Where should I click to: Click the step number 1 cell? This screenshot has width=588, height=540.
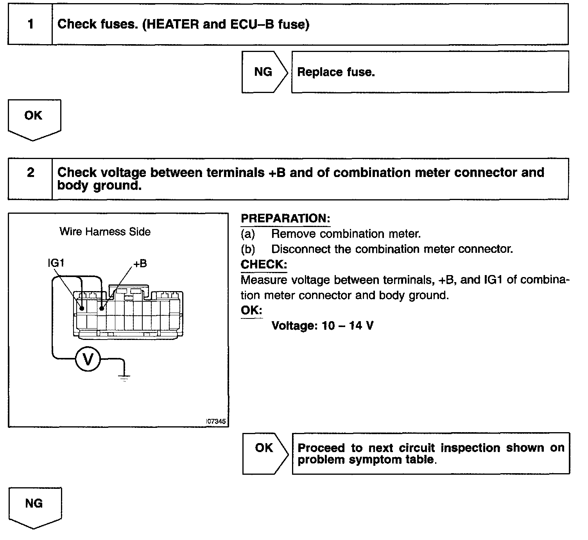point(30,24)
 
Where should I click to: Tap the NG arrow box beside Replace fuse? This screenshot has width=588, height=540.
point(263,72)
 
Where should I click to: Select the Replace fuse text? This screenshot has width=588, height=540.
point(336,72)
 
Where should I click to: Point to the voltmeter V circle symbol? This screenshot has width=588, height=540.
point(88,359)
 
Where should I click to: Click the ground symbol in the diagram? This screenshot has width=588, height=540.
point(124,377)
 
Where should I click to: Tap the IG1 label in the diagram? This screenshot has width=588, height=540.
point(56,263)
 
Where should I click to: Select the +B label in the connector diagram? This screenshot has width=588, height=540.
point(140,264)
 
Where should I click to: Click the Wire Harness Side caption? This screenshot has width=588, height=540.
point(105,232)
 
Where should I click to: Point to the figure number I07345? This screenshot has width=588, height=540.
point(216,422)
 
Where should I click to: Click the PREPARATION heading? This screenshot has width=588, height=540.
point(285,218)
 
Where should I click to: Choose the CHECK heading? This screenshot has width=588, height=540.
point(264,265)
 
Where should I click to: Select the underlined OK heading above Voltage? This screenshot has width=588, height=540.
point(251,310)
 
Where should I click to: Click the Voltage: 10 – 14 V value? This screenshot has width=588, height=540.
point(322,325)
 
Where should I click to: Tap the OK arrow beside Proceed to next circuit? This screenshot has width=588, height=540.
point(264,448)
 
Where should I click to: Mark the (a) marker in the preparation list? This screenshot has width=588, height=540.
point(248,234)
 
